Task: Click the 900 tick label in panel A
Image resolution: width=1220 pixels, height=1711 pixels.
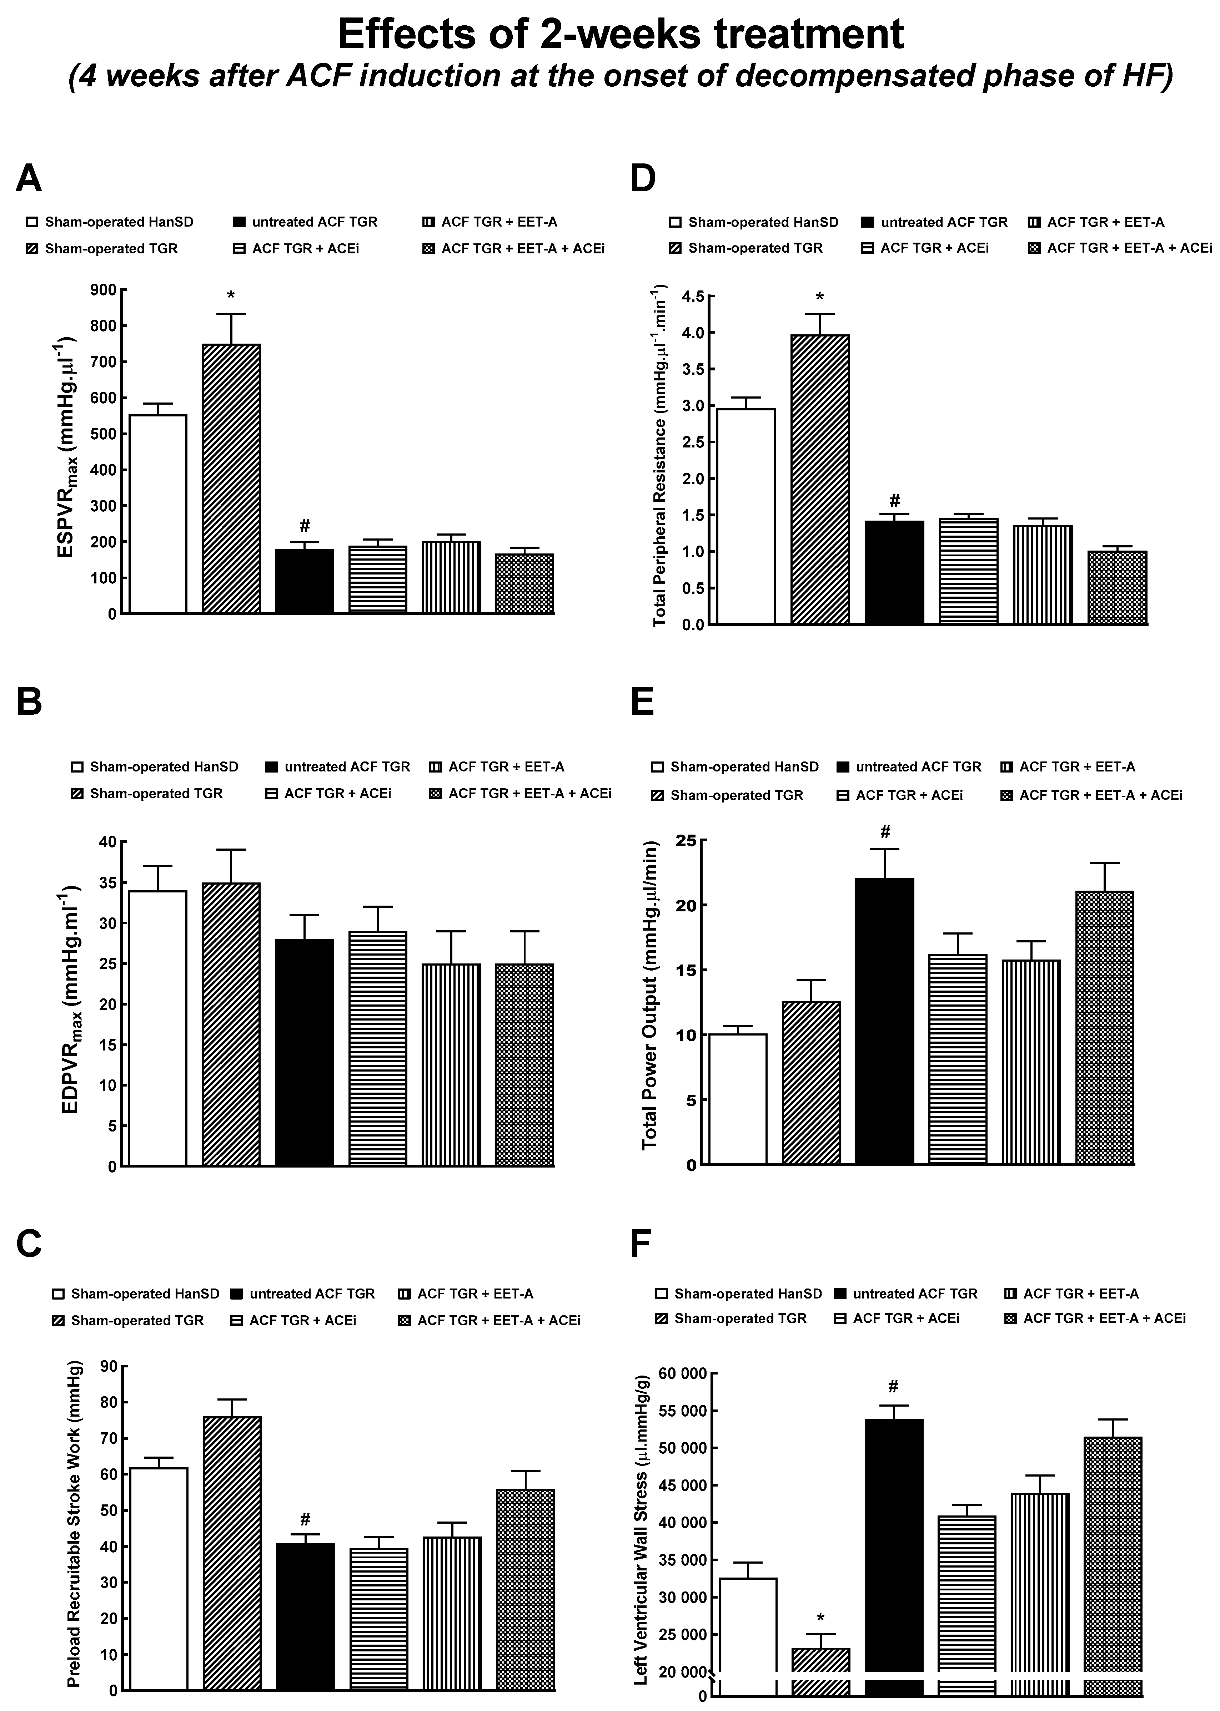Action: coord(103,290)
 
